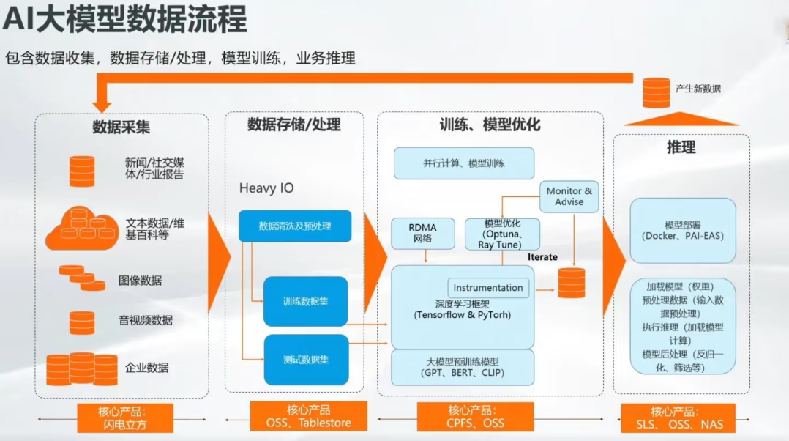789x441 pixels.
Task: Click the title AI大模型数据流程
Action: point(124,20)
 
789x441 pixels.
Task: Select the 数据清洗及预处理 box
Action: point(295,226)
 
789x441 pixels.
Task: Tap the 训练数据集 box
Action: point(305,301)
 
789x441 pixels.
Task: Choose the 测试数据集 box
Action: point(305,359)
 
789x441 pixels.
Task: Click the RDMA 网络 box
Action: point(423,233)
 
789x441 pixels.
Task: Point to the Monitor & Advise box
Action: point(569,196)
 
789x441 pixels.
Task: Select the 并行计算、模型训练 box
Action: point(463,163)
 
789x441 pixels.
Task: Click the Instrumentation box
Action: point(488,288)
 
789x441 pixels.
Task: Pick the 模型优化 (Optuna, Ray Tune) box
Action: point(502,234)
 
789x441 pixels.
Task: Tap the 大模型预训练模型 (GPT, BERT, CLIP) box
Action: point(463,367)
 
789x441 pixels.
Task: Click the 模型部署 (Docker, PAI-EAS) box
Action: point(682,230)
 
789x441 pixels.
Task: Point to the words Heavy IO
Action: point(266,188)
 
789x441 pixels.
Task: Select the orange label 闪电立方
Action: point(125,418)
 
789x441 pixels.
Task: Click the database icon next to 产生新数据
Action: point(656,92)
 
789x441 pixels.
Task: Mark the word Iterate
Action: point(542,257)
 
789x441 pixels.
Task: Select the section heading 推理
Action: point(681,147)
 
